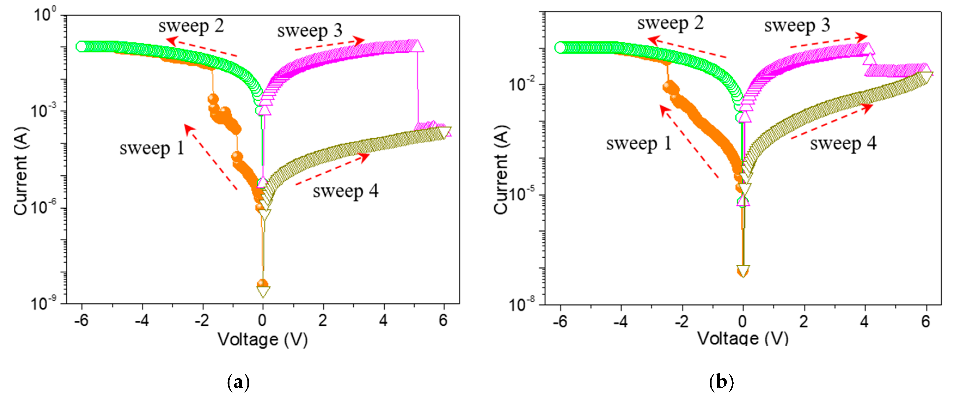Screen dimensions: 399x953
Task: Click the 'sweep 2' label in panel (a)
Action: click(x=191, y=26)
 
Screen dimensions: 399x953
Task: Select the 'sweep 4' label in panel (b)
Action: click(x=843, y=144)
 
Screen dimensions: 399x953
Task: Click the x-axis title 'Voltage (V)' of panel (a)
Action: click(x=262, y=339)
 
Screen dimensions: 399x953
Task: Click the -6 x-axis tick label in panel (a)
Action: click(x=81, y=321)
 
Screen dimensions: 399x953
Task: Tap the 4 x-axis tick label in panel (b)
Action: click(x=864, y=322)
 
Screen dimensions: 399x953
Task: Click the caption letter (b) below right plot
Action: click(x=721, y=382)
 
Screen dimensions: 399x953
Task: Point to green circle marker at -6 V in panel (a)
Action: click(x=81, y=47)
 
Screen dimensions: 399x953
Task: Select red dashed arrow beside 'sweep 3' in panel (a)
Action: click(x=329, y=44)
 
